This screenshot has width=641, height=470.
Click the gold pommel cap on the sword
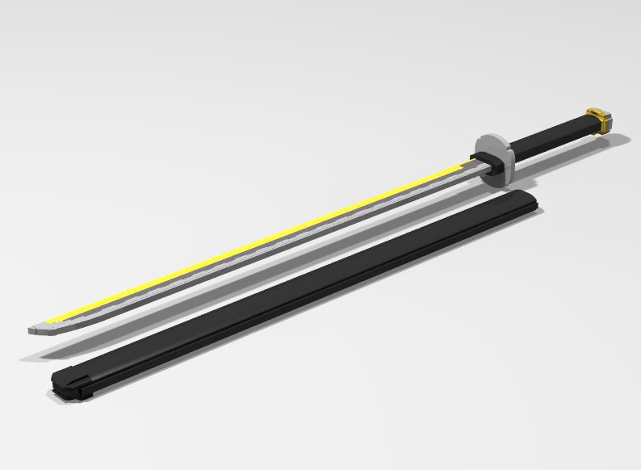[x=601, y=121]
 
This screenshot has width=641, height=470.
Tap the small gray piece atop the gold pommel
[x=598, y=110]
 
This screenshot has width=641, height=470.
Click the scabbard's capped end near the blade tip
[x=69, y=379]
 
